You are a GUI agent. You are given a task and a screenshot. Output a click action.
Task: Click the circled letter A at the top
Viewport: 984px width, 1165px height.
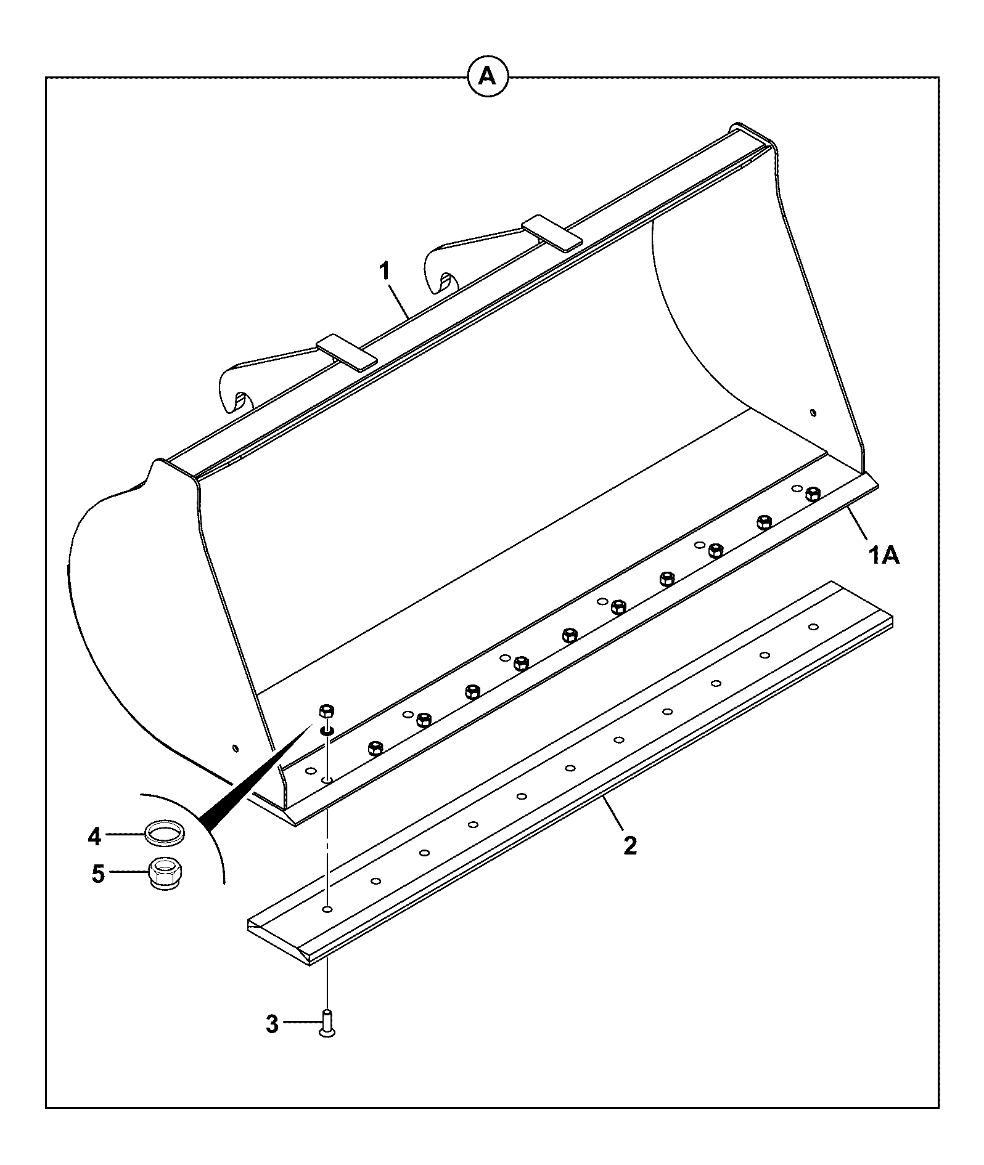click(488, 76)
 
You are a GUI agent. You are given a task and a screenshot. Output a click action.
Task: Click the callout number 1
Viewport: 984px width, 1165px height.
click(385, 271)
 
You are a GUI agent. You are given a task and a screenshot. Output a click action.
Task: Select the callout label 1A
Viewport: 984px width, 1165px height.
click(884, 556)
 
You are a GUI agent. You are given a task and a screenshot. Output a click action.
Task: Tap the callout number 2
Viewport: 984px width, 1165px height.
click(629, 845)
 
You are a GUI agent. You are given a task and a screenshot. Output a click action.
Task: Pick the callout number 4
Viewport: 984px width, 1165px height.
click(94, 837)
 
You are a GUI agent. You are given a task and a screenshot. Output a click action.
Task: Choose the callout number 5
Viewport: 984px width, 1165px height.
click(99, 875)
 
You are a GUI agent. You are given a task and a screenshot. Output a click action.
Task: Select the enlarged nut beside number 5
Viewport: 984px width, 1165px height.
click(165, 874)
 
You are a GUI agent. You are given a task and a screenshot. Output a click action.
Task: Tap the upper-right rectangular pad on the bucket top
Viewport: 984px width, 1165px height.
click(552, 233)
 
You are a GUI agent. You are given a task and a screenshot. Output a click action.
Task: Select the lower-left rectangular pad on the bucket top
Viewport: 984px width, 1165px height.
click(346, 352)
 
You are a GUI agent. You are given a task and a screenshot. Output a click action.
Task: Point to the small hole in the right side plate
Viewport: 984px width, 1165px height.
click(813, 412)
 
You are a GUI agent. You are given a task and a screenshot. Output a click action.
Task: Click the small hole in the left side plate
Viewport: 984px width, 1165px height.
click(235, 748)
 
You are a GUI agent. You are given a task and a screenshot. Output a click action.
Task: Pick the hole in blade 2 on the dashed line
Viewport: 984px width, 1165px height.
click(327, 909)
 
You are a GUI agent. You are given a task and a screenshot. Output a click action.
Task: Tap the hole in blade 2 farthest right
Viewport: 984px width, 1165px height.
click(813, 627)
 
